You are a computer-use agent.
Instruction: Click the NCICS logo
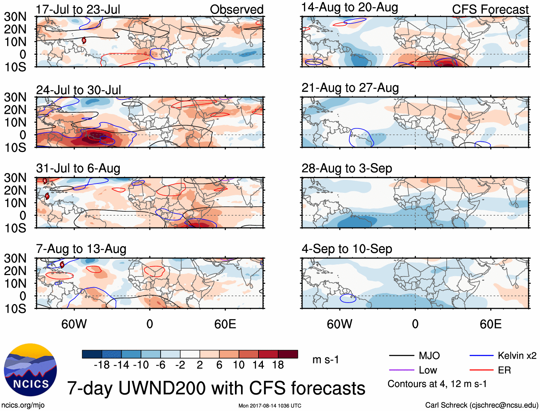[30, 370]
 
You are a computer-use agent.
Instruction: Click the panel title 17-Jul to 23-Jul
[78, 9]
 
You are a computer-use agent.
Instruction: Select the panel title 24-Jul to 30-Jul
[79, 90]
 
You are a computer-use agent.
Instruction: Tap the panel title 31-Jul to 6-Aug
[78, 168]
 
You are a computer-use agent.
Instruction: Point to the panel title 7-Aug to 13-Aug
[81, 249]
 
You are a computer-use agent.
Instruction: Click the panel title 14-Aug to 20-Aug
[349, 7]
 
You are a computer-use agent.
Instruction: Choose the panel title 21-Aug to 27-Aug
[350, 88]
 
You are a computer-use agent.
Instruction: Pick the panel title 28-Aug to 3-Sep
[347, 168]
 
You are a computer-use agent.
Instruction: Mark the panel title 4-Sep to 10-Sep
[347, 249]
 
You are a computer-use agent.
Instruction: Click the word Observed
[236, 9]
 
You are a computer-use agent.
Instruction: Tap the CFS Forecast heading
[490, 9]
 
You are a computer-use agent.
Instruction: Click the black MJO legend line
[402, 356]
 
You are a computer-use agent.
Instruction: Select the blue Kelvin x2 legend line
[481, 356]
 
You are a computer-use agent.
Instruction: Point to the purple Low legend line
[402, 370]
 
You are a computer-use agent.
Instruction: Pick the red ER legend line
[481, 370]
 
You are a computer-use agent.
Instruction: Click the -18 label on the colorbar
[102, 365]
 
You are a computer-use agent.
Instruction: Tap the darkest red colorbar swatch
[288, 354]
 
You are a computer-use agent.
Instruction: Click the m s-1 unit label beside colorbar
[325, 359]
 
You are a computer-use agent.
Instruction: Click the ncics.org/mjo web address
[23, 405]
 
